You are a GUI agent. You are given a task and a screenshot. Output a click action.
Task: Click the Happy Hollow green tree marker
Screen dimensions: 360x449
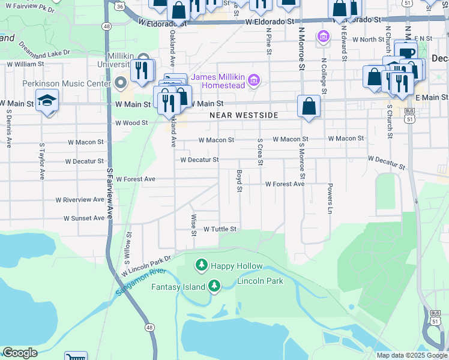[202, 265]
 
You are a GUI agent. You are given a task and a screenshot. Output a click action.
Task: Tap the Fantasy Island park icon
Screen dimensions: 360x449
[214, 287]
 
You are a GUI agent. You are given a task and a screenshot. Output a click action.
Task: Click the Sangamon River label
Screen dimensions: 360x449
[137, 281]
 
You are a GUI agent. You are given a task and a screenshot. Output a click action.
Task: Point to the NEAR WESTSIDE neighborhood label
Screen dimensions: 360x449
[244, 115]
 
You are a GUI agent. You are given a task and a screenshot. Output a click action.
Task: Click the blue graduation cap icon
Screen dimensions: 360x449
[47, 101]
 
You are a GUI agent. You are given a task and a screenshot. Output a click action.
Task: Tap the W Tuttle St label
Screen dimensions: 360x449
[220, 229]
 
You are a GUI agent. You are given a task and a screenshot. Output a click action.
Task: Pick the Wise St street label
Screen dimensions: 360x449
[194, 225]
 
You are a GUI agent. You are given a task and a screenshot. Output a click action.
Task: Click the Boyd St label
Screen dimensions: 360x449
[239, 181]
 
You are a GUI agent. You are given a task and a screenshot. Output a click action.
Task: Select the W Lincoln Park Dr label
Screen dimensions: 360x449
[146, 265]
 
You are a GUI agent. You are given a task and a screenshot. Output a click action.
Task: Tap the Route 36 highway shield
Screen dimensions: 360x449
[120, 6]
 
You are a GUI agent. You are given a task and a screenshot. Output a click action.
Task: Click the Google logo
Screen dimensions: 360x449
[20, 353]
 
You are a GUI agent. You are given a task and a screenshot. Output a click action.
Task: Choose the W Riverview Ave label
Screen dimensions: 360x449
[80, 199]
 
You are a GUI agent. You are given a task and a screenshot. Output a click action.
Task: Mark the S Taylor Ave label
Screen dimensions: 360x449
[42, 162]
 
